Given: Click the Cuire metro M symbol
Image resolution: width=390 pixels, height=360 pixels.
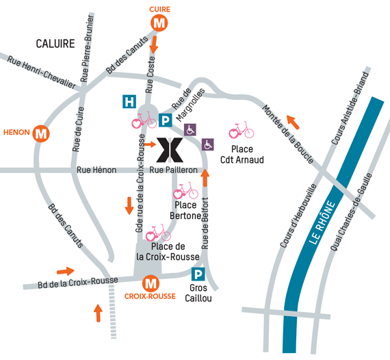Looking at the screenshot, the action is pos(159,23).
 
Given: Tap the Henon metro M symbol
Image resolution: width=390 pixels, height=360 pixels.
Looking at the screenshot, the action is pos(41,133).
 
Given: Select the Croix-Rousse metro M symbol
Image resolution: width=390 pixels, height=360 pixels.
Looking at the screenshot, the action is pos(151,283).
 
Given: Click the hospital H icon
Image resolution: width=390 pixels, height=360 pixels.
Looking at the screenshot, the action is pos(129,101).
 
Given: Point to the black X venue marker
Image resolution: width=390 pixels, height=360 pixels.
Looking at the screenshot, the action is pos(170,150).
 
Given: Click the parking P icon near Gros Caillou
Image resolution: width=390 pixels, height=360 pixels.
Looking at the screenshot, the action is pos(198,274).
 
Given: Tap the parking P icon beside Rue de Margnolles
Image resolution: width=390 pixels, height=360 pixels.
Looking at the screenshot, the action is pos(166,120).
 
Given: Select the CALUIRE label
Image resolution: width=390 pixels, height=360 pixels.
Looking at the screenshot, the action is pos(55,44).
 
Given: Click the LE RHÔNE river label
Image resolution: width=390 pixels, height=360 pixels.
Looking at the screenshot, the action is pos(322,222).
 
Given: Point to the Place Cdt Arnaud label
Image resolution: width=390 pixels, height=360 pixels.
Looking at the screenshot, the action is pos(242,155).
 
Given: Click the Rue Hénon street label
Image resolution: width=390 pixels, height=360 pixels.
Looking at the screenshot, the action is pos(96,170).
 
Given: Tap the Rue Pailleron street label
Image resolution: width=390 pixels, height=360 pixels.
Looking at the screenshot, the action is pos(173,170).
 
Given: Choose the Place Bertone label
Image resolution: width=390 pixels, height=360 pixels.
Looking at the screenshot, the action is pos(185,211).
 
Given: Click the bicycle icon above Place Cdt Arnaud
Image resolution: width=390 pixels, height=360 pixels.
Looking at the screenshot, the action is pos(242,129).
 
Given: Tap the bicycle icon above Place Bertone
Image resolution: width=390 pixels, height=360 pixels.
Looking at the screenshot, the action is pos(185,190).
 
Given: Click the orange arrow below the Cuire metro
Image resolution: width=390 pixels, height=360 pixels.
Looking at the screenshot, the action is pos(154,44).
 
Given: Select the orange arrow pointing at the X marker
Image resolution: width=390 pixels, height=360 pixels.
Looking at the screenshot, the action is pos(150,144).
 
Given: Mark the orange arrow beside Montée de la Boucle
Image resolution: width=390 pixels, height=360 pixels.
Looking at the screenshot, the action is pos(293,123).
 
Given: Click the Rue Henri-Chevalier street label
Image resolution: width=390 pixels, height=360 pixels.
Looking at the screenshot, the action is pos(41,73).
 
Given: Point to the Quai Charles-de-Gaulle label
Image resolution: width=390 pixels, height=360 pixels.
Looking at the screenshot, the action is pos(351,212).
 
